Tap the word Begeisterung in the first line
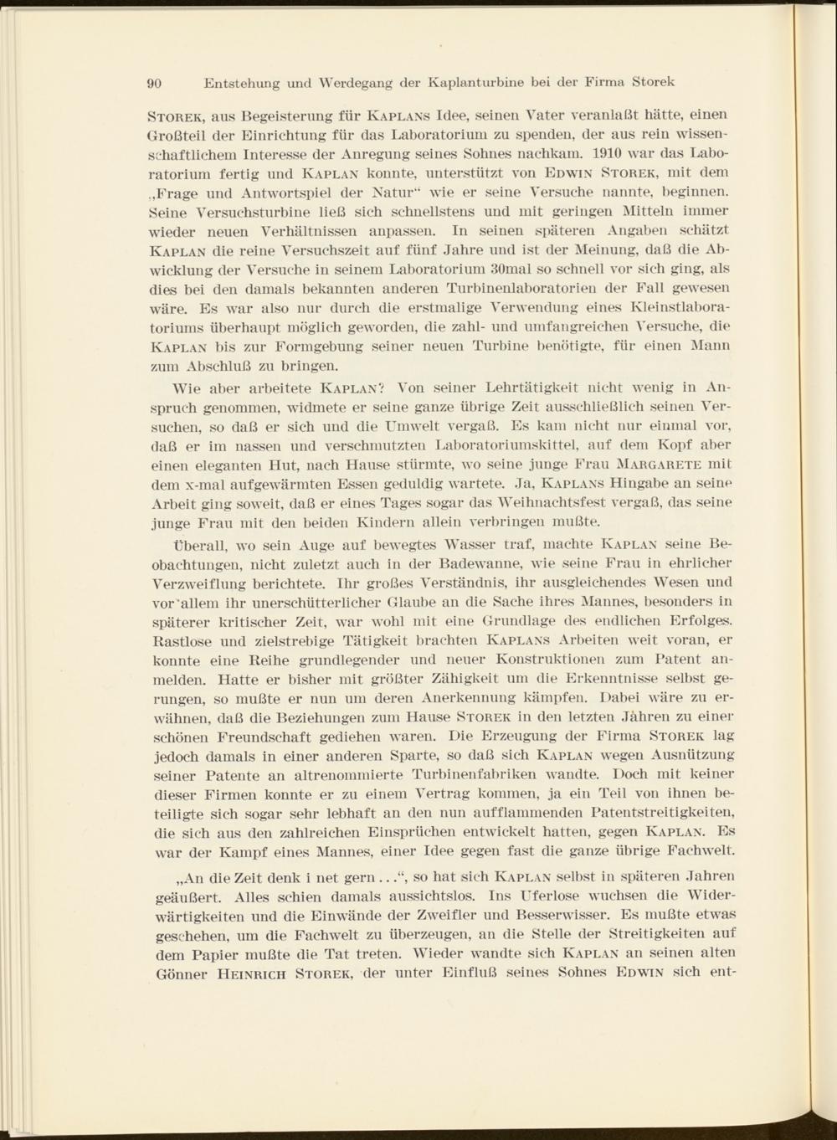[x=271, y=117]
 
